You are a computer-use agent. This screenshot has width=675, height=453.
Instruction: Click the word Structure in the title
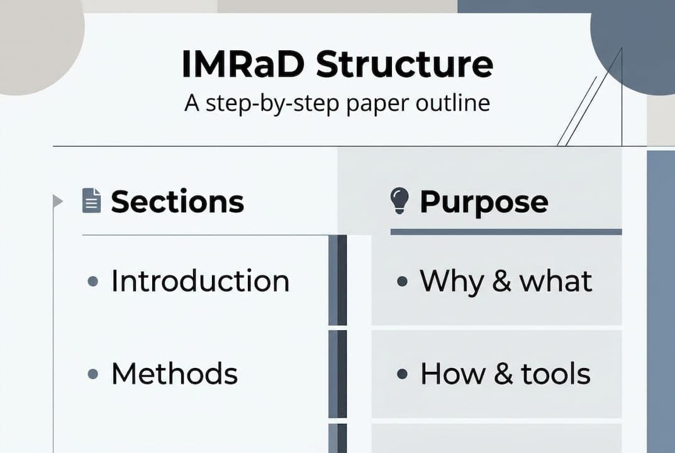tap(404, 64)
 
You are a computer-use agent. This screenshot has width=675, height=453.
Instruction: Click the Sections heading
tap(177, 202)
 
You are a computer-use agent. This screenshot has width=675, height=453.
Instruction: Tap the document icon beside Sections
tap(91, 201)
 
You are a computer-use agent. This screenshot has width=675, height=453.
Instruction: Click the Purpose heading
tap(483, 202)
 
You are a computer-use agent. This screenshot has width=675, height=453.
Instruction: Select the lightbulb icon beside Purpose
tap(399, 201)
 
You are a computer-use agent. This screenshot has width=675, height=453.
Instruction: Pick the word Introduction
tap(200, 281)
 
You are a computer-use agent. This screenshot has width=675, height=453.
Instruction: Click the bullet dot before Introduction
tap(93, 281)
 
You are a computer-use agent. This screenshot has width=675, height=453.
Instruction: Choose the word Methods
tap(174, 374)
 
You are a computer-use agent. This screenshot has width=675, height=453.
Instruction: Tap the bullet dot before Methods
tap(93, 374)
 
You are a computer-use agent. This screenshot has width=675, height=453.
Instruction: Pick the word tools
tap(555, 374)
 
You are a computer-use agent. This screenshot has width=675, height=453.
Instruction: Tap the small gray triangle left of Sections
tap(58, 201)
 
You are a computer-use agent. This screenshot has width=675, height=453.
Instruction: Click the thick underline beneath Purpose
tap(506, 232)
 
